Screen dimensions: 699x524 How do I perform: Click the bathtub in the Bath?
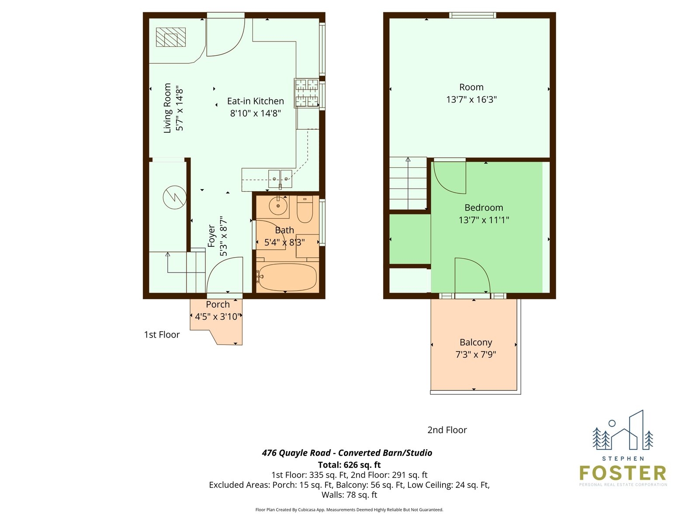(x=287, y=277)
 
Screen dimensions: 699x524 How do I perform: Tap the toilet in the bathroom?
(x=305, y=209)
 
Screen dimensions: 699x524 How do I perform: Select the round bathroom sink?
(x=278, y=206)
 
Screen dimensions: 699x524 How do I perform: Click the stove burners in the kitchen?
(x=307, y=93)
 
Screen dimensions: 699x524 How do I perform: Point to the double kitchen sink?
(x=280, y=179)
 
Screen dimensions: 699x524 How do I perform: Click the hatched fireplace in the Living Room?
(x=171, y=37)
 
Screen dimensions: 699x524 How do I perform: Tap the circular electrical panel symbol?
(x=174, y=197)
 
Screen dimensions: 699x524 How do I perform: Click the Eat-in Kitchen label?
(x=256, y=101)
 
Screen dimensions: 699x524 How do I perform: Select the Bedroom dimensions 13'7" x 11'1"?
(x=484, y=220)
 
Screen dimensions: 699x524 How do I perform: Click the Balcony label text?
(x=476, y=342)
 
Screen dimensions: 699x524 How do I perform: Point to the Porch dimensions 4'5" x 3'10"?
(x=217, y=317)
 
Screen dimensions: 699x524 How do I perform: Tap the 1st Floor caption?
(x=162, y=334)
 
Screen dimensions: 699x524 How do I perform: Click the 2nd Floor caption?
(x=447, y=430)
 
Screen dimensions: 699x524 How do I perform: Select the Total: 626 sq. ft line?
(x=349, y=465)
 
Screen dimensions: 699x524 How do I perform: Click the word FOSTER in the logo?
(x=623, y=473)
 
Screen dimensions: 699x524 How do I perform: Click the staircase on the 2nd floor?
(x=408, y=183)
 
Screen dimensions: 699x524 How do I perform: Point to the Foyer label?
(x=211, y=236)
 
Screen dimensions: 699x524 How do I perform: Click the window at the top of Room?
(x=473, y=15)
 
